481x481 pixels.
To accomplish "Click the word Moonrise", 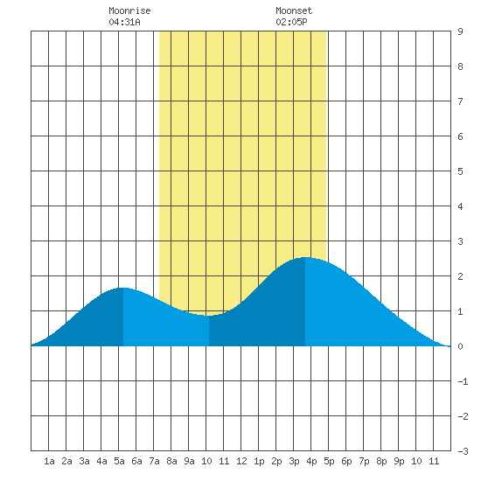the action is (129, 10).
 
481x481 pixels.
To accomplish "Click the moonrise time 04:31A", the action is (124, 22).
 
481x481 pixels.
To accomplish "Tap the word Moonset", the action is (294, 10).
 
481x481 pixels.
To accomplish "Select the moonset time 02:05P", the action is (291, 22).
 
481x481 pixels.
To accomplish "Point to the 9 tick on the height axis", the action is (460, 31).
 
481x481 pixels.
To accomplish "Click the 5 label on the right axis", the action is (460, 171).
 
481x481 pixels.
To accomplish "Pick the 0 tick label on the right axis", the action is (460, 346).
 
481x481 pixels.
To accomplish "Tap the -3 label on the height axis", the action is (463, 451).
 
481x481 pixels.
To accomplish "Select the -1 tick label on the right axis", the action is (463, 381).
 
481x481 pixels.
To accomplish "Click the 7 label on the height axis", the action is (460, 101).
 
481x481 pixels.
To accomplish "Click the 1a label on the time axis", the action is (49, 461).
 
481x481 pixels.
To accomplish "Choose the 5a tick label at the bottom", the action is (119, 461).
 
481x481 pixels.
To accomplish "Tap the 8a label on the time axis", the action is (171, 461).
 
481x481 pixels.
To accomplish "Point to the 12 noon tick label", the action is (241, 461).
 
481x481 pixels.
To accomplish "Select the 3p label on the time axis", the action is (294, 461).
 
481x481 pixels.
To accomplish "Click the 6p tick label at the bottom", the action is (346, 461).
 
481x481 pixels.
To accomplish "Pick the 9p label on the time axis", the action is (399, 461).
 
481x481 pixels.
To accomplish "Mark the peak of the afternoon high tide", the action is (305, 257).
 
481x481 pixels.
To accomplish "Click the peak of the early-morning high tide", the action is (123, 288).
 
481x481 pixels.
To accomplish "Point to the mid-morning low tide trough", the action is (209, 316).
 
